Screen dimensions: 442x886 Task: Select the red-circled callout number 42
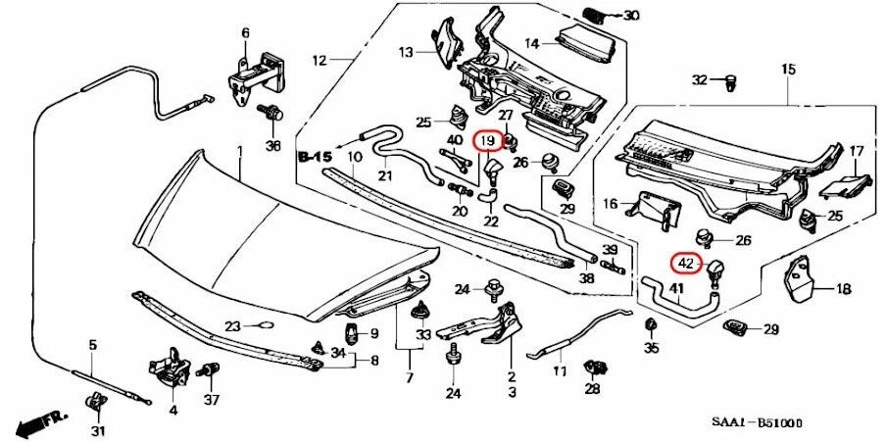point(685,263)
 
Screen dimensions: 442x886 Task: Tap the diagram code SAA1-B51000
point(756,422)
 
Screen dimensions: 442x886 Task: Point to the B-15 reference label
point(315,156)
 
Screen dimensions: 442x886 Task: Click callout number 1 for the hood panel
point(238,150)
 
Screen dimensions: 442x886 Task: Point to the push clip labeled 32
point(730,79)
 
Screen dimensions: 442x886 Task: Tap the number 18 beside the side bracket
point(844,289)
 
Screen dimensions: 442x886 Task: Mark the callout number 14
point(533,43)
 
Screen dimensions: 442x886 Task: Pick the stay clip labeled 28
point(592,368)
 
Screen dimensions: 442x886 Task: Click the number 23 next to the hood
point(231,326)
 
